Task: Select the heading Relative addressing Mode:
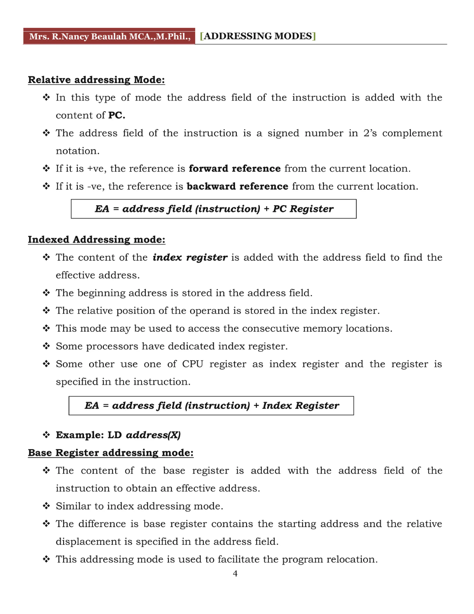coord(96,80)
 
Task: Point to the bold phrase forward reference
coord(235,168)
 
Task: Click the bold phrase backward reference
coord(237,186)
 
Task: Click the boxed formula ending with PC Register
coord(214,209)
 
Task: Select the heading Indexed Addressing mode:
coord(96,240)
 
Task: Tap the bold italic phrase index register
coord(190,257)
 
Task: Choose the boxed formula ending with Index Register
coord(211,405)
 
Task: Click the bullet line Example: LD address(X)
coord(118,435)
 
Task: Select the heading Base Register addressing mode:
coord(111,453)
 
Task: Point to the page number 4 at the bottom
coord(235,573)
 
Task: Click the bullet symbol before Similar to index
coord(46,506)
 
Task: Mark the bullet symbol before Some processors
coord(46,346)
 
